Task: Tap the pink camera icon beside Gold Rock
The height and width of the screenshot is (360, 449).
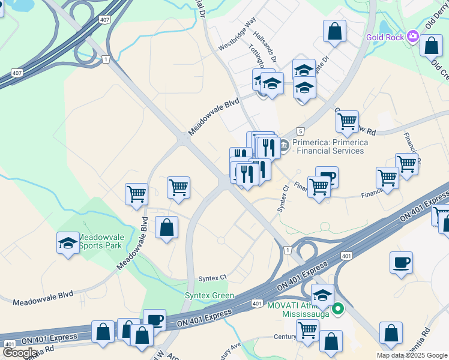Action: point(412,37)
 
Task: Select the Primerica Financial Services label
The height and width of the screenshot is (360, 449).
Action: point(328,146)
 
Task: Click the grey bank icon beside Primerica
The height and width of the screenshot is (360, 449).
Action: point(284,145)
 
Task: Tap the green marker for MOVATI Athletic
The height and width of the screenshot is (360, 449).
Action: point(338,310)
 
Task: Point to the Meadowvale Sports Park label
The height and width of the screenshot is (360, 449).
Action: point(100,241)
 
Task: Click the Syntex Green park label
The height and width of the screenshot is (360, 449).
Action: point(209,296)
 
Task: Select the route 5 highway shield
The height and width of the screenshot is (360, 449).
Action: point(300,131)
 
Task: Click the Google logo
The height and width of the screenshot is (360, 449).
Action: point(20,353)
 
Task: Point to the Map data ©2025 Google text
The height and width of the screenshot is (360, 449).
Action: point(412,355)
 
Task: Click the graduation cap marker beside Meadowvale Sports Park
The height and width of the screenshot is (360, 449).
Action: point(68,243)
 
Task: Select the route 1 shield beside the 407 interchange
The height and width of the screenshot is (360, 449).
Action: point(106,59)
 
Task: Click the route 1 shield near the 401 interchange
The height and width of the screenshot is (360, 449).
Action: point(288,250)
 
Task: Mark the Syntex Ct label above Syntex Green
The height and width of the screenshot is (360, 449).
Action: point(213,278)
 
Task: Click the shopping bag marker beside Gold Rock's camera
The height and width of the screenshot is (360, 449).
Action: point(431,46)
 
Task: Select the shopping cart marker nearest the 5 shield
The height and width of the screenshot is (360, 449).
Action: point(347,122)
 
